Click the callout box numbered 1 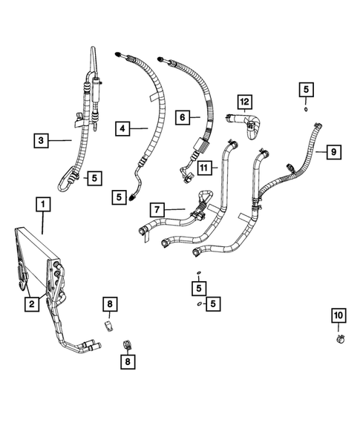click(x=43, y=203)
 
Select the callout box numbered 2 click(x=30, y=303)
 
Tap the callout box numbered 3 click(x=42, y=138)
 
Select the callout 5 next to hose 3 click(x=94, y=177)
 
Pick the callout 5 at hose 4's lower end click(x=120, y=197)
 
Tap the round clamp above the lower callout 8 click(x=127, y=345)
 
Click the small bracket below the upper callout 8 click(x=108, y=325)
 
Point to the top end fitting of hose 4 click(x=120, y=54)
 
